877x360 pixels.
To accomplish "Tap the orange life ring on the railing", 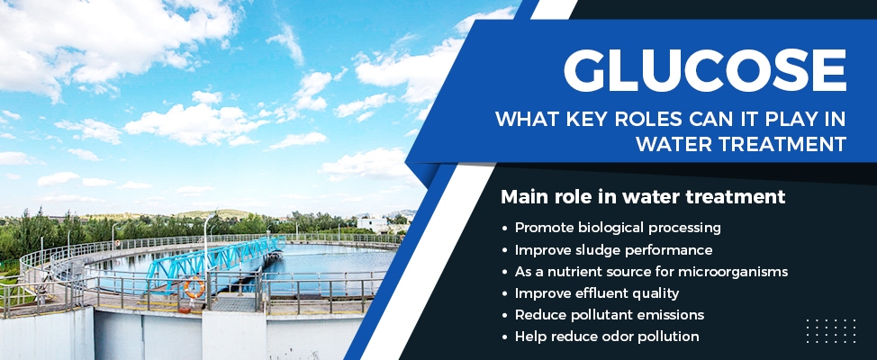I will [194, 288].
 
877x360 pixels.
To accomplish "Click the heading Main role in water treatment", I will [643, 196].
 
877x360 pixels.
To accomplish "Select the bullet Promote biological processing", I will [618, 228].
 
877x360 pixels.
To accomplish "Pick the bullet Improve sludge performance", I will [613, 249].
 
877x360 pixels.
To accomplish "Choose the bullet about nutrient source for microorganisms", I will [651, 271].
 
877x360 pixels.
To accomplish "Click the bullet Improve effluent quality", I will [596, 292].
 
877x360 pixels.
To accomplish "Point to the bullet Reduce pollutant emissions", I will [609, 314].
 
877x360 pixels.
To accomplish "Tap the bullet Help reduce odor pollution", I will [607, 336].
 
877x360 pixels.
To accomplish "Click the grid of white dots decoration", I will [830, 330].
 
